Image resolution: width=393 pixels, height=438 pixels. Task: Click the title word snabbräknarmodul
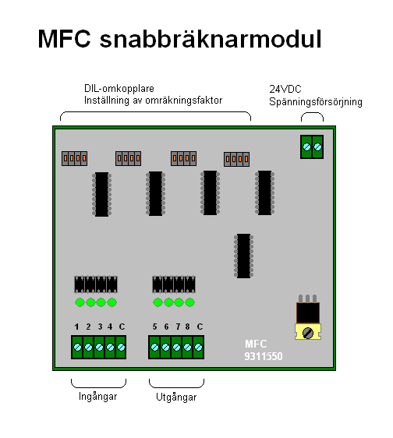pos(211,38)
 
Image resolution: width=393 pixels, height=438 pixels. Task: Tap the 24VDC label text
pos(285,89)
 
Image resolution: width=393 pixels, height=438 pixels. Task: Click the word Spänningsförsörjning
pos(316,101)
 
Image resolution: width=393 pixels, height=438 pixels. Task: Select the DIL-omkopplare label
pos(119,89)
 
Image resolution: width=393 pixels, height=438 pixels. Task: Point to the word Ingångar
pos(97,397)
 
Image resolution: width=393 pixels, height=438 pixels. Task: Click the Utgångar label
pos(176,397)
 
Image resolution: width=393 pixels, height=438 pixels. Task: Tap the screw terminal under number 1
pos(77,347)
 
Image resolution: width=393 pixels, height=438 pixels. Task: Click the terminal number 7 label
pos(178,327)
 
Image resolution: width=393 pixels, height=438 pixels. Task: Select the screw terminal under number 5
pos(154,348)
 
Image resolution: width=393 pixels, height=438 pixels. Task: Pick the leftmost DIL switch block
pos(74,159)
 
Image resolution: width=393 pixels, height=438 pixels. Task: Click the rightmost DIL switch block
pos(236,159)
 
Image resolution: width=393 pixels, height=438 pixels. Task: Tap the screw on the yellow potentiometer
pos(308,333)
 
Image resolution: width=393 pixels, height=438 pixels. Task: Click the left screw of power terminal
pos(306,147)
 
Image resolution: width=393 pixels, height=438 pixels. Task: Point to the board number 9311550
pos(264,356)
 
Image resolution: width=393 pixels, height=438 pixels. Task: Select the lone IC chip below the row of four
pos(243,256)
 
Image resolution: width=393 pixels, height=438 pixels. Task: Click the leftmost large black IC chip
pos(101,194)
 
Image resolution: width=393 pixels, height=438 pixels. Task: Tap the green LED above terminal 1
pos(80,302)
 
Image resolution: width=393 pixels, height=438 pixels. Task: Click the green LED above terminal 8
pos(189,302)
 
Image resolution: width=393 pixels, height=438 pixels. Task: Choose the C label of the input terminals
pos(122,327)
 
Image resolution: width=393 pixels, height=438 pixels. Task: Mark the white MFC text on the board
pos(256,344)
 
